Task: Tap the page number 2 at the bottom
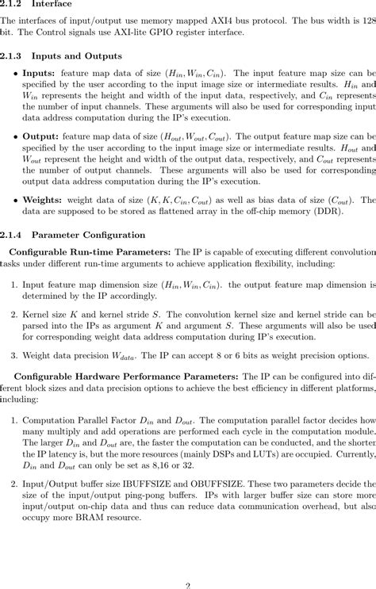point(188,584)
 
